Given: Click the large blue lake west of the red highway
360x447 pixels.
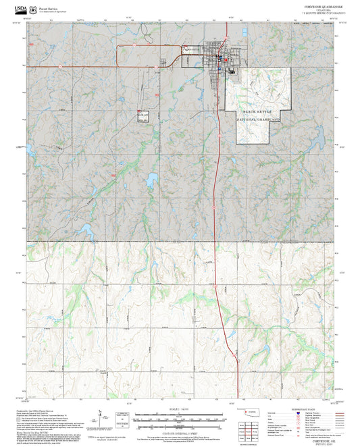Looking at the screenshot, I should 151,179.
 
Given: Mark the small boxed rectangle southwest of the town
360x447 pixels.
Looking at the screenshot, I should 143,117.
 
